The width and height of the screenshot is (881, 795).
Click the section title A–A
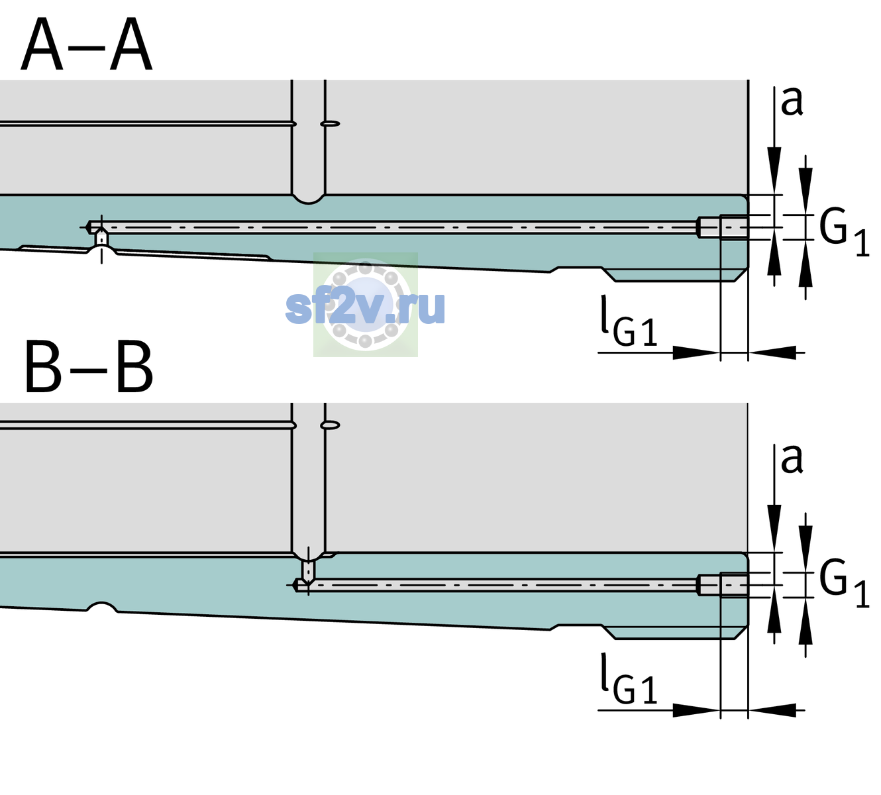pos(87,45)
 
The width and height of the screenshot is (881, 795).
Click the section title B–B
pos(89,367)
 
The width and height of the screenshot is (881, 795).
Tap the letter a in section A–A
pos(792,101)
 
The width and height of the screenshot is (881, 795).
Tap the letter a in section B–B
pos(792,459)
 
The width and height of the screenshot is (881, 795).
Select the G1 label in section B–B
pos(844,585)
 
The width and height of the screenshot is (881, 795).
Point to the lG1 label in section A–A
pos(629,321)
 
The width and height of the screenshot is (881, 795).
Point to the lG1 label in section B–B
pos(629,678)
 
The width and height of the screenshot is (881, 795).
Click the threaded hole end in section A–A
pos(723,227)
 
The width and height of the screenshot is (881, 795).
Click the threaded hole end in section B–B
pos(723,585)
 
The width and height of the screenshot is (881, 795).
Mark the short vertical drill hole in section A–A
pos(101,238)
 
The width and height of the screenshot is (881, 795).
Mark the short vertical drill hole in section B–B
pos(309,570)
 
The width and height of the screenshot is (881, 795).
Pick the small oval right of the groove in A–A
pos(331,123)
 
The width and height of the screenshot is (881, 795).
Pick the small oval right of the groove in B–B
pos(331,425)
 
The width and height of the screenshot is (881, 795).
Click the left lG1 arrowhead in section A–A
pos(697,352)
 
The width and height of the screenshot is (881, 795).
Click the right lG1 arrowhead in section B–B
pos(772,710)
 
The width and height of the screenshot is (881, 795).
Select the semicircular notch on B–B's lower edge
pos(102,607)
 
